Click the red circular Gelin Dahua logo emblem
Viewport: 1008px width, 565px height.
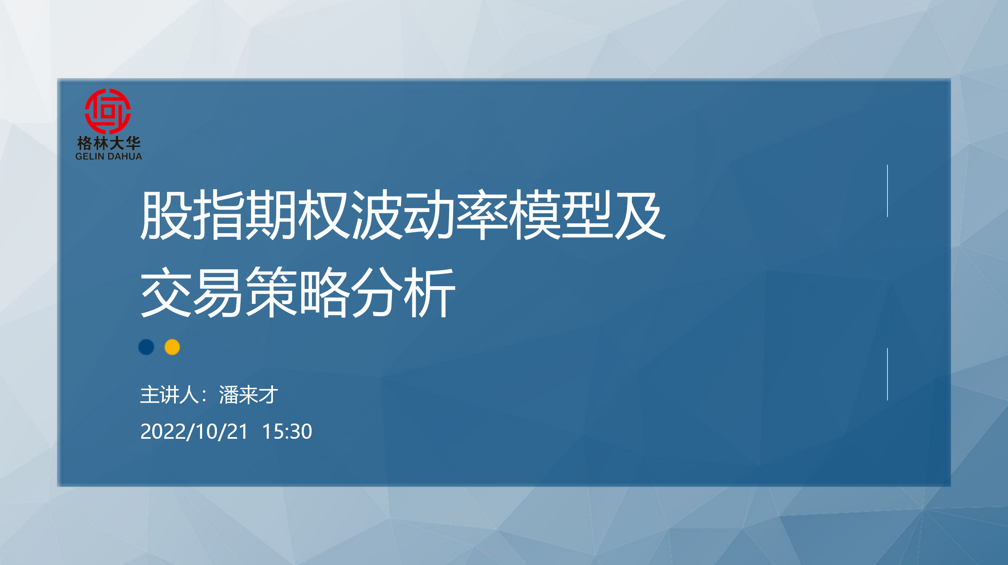pyautogui.click(x=108, y=111)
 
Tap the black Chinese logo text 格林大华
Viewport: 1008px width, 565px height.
pyautogui.click(x=109, y=143)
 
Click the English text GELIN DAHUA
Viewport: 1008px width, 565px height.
pyautogui.click(x=109, y=156)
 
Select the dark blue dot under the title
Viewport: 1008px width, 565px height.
pyautogui.click(x=146, y=347)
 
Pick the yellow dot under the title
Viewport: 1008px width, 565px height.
pyautogui.click(x=172, y=347)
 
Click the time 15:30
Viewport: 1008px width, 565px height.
pyautogui.click(x=287, y=431)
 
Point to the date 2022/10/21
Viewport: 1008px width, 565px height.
pyautogui.click(x=194, y=431)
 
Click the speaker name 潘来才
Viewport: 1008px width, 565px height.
pyautogui.click(x=249, y=395)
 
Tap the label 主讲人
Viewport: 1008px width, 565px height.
pyautogui.click(x=170, y=395)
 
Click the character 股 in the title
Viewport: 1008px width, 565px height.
pyautogui.click(x=165, y=215)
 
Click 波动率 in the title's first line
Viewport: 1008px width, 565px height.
pyautogui.click(x=429, y=215)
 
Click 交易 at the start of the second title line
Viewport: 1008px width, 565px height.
pyautogui.click(x=191, y=292)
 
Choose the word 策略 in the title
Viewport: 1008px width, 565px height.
pyautogui.click(x=297, y=292)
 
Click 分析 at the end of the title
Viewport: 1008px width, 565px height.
pyautogui.click(x=403, y=292)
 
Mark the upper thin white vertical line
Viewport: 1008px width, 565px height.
pyautogui.click(x=887, y=191)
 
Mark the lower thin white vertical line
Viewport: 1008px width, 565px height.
pyautogui.click(x=887, y=374)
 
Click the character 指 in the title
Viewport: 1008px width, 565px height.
pyautogui.click(x=218, y=215)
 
